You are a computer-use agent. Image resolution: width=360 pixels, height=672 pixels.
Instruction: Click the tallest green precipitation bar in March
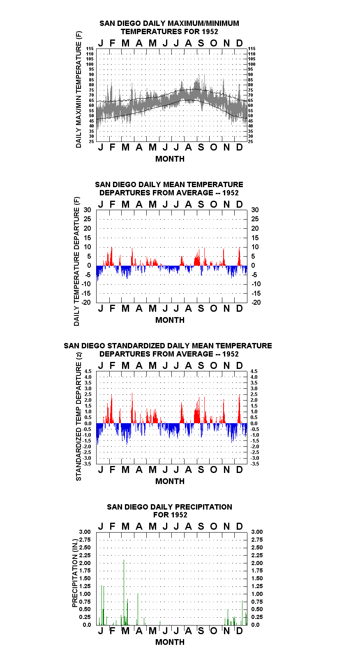click(124, 593)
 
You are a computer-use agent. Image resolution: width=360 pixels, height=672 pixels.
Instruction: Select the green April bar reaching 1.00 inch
click(138, 609)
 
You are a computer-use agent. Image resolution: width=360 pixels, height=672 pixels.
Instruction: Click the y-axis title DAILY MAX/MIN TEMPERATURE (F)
click(78, 89)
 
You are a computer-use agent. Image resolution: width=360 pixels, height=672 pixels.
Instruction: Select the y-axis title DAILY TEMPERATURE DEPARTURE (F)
click(77, 261)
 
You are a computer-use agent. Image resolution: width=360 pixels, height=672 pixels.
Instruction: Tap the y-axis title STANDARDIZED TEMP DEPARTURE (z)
click(78, 416)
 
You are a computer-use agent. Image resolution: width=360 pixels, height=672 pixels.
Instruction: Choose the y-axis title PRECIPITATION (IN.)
click(75, 573)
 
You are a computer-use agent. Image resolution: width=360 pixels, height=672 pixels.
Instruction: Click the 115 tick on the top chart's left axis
click(90, 49)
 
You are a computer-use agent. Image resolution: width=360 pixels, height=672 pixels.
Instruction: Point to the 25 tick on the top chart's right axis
click(250, 141)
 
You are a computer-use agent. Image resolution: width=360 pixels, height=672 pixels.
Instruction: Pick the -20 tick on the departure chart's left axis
click(86, 302)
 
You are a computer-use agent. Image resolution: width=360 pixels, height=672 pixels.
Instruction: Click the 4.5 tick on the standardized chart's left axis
click(88, 371)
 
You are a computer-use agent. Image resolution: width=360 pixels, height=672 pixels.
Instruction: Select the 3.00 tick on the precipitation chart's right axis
click(257, 532)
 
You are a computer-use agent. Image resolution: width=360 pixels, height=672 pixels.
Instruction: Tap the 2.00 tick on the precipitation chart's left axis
click(85, 563)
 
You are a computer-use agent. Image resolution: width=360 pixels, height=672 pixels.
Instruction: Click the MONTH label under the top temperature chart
click(170, 159)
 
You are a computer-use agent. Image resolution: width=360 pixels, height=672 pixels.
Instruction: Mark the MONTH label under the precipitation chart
click(170, 642)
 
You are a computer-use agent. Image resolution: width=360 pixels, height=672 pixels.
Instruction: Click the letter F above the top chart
click(113, 43)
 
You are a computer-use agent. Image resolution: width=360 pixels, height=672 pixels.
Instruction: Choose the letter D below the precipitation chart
click(239, 631)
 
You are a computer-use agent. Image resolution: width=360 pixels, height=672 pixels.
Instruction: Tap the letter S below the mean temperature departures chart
click(201, 308)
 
